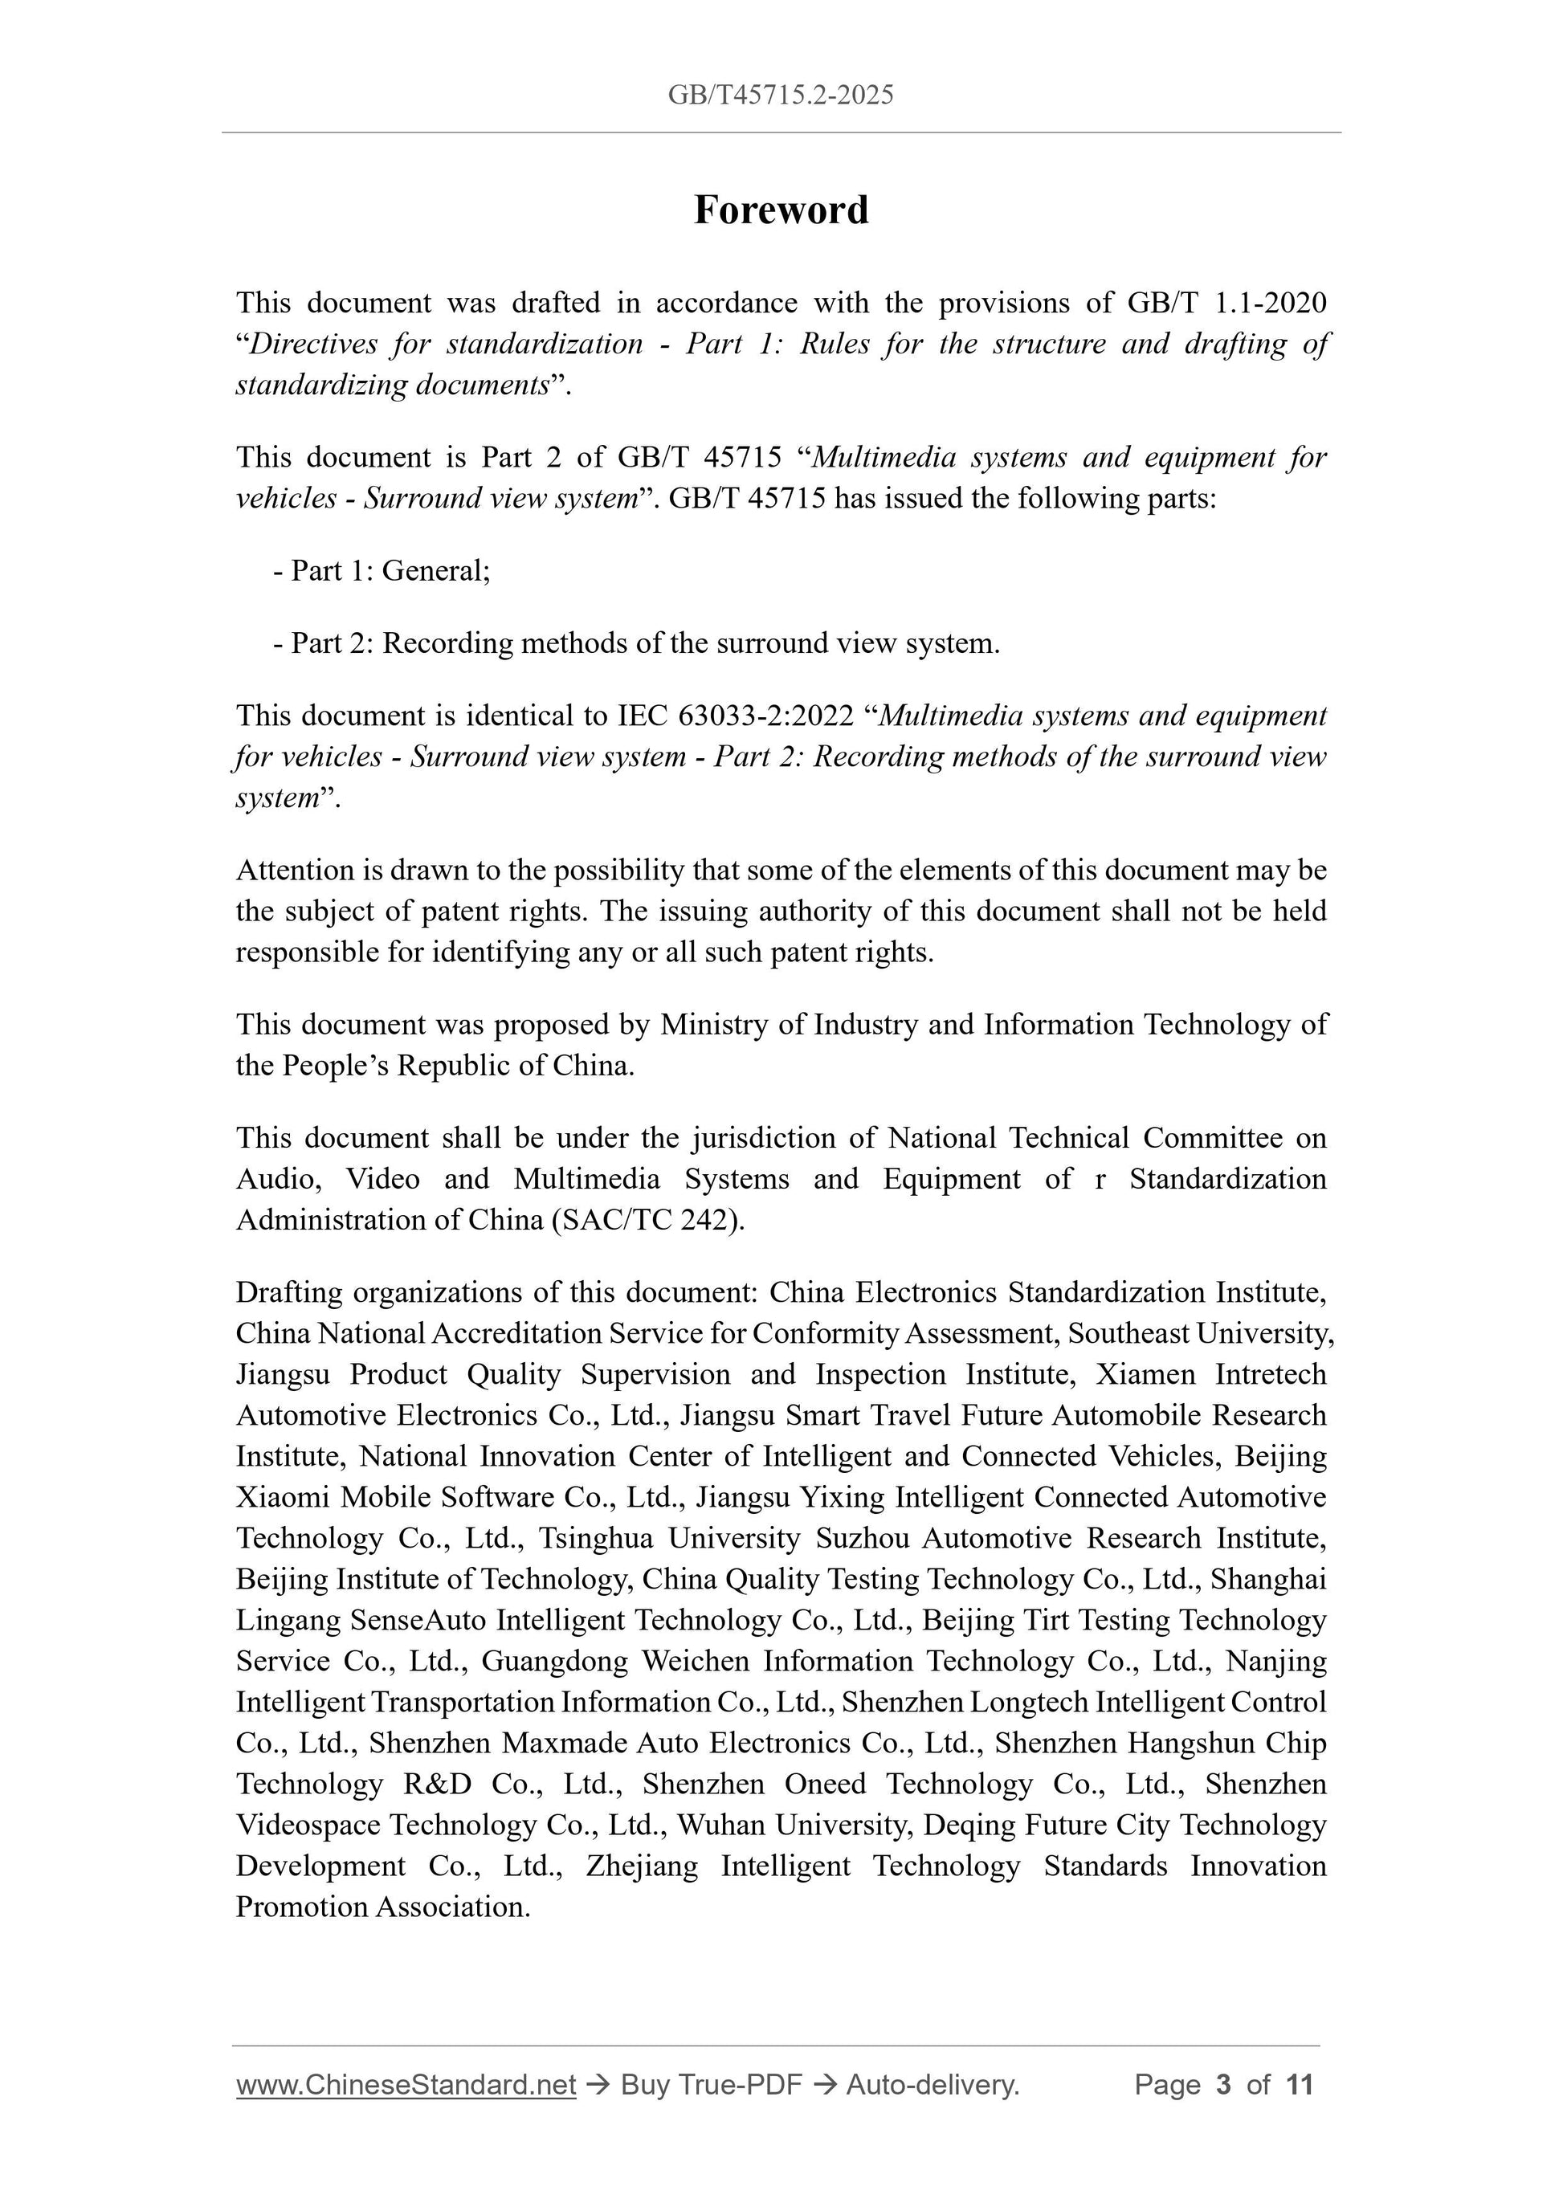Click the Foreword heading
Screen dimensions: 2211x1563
781,210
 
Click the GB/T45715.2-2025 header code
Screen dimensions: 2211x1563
781,95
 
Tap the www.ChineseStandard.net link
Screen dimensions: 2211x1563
406,2085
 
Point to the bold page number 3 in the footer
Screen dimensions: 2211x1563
1224,2085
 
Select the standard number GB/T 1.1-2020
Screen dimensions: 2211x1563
1226,304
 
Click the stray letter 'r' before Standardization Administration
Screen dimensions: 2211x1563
1100,1180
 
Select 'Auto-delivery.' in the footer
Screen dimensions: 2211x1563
932,2085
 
